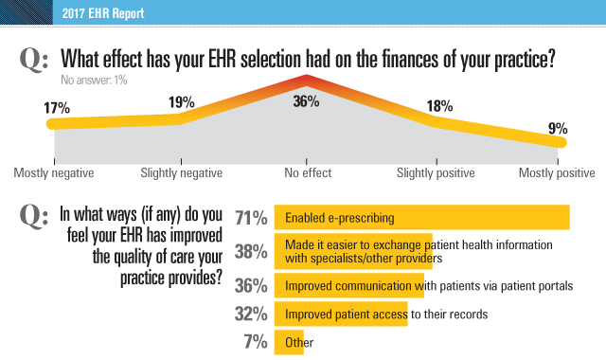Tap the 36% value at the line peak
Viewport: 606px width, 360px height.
coord(305,102)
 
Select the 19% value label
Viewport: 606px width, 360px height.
coord(181,101)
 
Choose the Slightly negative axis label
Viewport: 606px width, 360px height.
coord(181,173)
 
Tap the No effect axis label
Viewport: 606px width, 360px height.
coord(308,173)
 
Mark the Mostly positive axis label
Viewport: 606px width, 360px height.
coord(557,173)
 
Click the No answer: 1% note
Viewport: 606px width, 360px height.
coord(95,80)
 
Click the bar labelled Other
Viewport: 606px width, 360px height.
coord(289,342)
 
